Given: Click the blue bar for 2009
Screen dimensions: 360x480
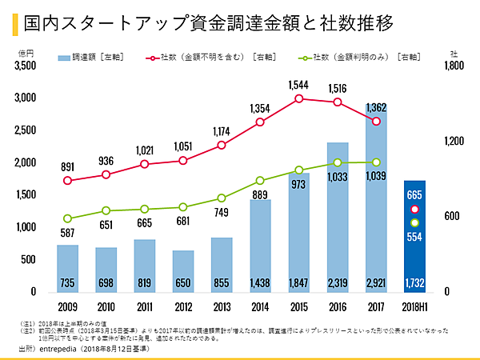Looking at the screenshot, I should click(x=67, y=268).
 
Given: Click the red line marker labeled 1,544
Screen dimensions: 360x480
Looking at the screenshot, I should click(x=298, y=98).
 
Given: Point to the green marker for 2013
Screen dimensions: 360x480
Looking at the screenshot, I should click(x=222, y=198).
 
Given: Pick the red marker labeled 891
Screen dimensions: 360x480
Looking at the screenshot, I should click(x=67, y=181).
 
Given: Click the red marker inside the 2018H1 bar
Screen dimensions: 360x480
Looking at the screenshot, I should click(x=414, y=209).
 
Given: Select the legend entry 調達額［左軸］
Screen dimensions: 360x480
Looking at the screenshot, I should click(x=88, y=58).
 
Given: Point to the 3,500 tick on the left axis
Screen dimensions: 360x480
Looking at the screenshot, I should click(x=25, y=66).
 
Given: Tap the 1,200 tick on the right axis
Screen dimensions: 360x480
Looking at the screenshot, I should click(x=452, y=142).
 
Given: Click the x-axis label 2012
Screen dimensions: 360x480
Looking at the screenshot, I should click(x=183, y=306).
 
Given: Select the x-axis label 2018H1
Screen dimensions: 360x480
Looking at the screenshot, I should click(x=414, y=306).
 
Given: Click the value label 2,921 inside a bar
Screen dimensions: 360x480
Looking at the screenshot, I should click(x=376, y=283).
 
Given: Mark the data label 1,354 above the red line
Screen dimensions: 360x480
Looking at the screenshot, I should click(x=260, y=108).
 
